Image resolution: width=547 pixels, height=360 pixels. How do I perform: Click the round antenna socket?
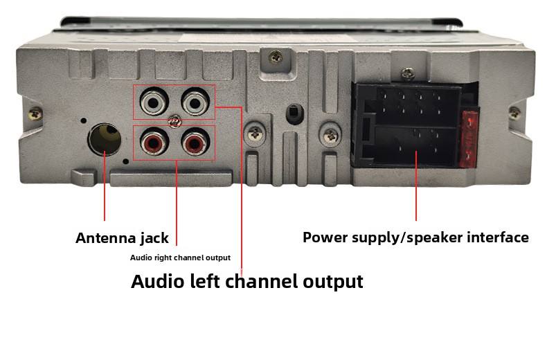click(105, 139)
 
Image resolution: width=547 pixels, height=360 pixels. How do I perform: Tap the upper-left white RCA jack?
click(154, 102)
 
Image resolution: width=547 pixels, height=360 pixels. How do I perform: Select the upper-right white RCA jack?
click(195, 102)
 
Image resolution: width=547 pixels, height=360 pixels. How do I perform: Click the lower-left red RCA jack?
click(154, 142)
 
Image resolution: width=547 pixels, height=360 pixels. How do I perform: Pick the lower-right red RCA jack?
click(195, 142)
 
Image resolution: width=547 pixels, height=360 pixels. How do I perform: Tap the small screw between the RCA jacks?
click(174, 121)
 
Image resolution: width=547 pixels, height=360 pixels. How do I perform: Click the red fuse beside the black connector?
click(469, 139)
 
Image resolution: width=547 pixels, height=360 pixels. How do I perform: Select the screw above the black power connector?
click(408, 73)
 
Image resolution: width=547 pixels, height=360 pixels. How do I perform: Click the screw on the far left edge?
click(35, 114)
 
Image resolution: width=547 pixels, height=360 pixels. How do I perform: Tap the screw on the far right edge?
click(514, 113)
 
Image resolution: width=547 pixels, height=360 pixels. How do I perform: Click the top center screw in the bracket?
click(276, 57)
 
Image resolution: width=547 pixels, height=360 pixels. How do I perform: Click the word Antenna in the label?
click(105, 238)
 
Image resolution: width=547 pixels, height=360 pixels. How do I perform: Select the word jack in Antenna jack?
click(154, 239)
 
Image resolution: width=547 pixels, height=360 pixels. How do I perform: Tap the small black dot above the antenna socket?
click(83, 120)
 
